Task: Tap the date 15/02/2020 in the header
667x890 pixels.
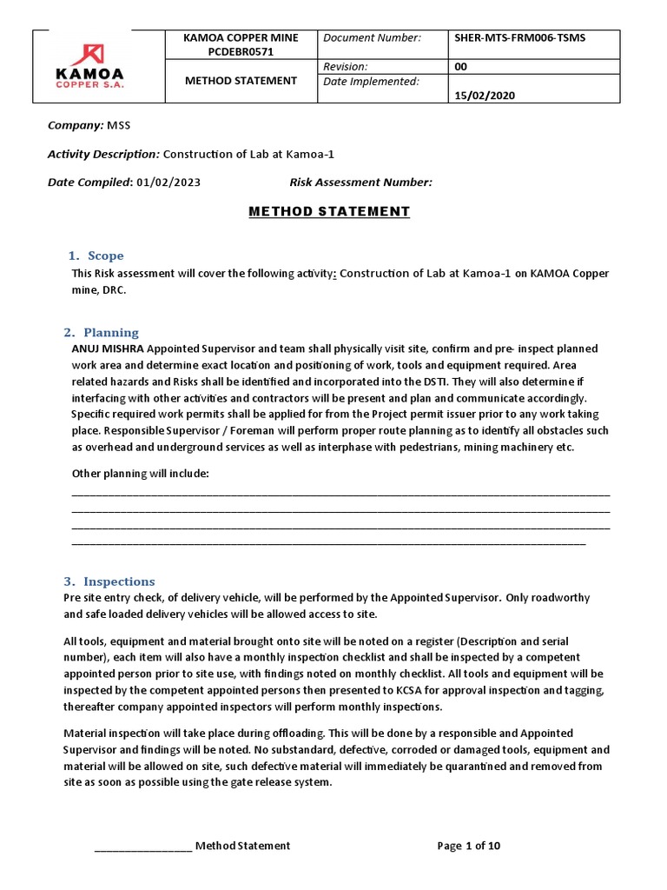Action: tap(485, 96)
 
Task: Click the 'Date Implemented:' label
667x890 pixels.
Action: tap(371, 82)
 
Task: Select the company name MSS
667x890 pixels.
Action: tap(118, 125)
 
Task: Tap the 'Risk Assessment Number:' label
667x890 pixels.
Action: tap(360, 183)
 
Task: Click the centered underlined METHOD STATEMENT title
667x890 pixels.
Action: tap(329, 211)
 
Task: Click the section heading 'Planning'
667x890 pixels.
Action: tap(110, 332)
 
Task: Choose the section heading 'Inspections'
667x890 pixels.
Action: tap(119, 581)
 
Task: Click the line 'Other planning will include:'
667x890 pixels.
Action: tap(140, 473)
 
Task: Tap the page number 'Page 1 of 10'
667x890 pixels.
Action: tap(469, 846)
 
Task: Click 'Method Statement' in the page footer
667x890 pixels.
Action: tap(242, 846)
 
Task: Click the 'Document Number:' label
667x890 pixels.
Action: tap(372, 38)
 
